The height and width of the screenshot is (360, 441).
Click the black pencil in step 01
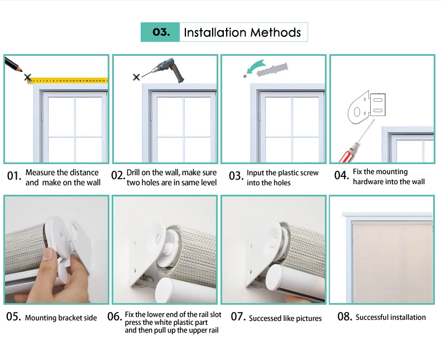[13, 64]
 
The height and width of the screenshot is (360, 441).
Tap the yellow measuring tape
[68, 81]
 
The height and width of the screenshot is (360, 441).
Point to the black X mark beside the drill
[136, 77]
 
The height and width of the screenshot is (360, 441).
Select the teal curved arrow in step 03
[255, 68]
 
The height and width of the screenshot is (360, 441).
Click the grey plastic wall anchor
[272, 69]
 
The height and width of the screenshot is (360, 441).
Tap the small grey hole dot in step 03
[245, 76]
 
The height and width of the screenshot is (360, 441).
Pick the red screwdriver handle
[349, 154]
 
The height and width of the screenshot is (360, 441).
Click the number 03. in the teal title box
[161, 32]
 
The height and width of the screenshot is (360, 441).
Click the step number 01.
[14, 176]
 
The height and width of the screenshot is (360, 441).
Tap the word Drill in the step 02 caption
[133, 172]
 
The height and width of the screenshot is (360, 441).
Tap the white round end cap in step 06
[168, 290]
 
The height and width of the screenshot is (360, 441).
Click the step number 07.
[238, 316]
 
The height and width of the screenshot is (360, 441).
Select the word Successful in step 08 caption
[372, 317]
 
